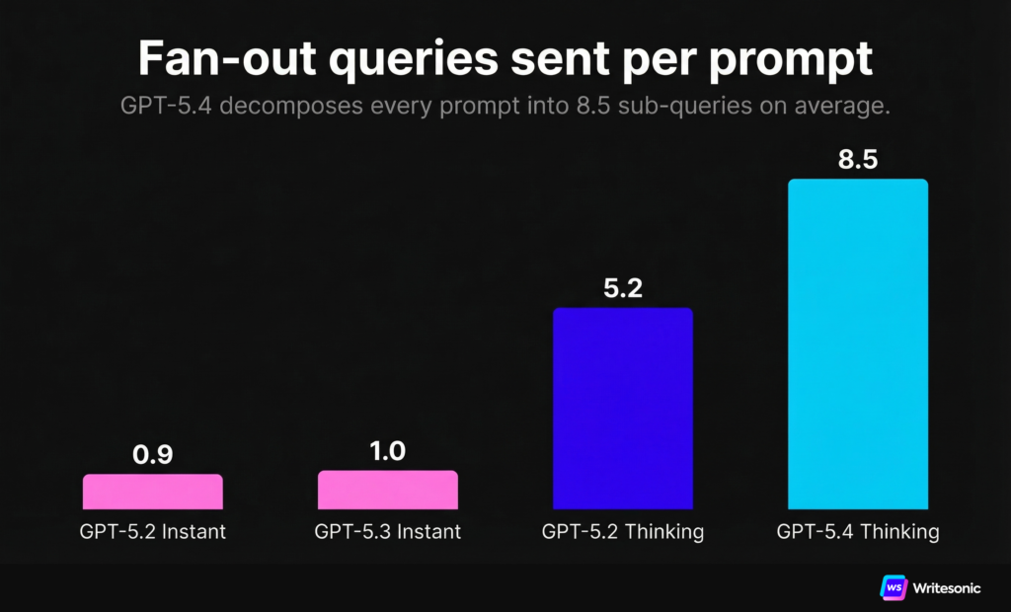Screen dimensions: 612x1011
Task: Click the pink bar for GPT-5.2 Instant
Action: [153, 491]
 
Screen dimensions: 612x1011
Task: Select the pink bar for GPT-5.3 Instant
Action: [388, 489]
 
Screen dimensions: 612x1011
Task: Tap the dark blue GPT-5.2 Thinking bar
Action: [623, 408]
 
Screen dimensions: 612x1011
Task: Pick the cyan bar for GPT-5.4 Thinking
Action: [858, 344]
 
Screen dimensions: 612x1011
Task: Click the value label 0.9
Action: [153, 456]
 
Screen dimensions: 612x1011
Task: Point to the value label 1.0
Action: [388, 452]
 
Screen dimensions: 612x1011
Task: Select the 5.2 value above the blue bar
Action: [623, 289]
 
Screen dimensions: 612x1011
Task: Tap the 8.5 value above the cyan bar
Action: [858, 160]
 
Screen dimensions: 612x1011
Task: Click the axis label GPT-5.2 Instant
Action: [153, 532]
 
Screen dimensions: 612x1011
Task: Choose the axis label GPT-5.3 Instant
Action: [388, 532]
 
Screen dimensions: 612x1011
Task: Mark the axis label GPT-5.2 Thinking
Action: [623, 532]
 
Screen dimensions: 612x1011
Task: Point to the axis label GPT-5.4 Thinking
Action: [858, 532]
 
